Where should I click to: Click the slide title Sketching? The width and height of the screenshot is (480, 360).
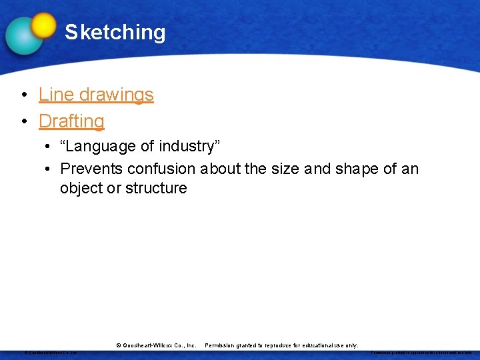(x=115, y=32)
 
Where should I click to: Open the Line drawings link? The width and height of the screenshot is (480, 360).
(x=96, y=95)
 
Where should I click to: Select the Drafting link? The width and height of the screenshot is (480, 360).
(x=71, y=121)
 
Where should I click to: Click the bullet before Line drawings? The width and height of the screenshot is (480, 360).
(x=23, y=95)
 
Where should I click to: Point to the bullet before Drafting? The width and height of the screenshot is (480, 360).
(x=23, y=122)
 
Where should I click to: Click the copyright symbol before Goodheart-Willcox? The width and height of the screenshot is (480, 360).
(x=119, y=345)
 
